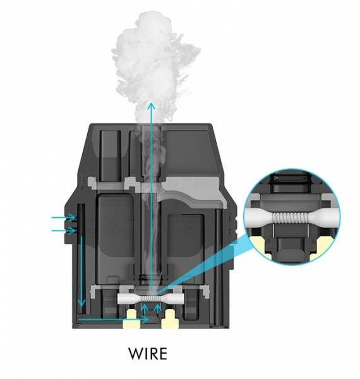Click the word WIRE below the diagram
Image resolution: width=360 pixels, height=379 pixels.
pyautogui.click(x=148, y=354)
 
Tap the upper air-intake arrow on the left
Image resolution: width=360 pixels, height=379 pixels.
pyautogui.click(x=64, y=217)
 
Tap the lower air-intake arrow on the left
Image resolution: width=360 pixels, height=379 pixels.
pyautogui.click(x=64, y=231)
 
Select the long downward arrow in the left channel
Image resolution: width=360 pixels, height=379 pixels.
pyautogui.click(x=81, y=272)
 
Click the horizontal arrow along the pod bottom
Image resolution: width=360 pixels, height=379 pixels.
pyautogui.click(x=113, y=320)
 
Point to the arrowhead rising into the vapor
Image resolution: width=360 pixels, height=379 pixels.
pyautogui.click(x=152, y=106)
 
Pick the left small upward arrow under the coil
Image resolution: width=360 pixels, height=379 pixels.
pyautogui.click(x=144, y=310)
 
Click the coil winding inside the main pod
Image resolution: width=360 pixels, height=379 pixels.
pyautogui.click(x=150, y=299)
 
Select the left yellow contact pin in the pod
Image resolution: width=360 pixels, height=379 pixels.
pyautogui.click(x=132, y=319)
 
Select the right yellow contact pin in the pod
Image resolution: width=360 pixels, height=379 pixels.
pyautogui.click(x=170, y=319)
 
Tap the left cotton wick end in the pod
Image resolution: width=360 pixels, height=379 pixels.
pyautogui.click(x=126, y=299)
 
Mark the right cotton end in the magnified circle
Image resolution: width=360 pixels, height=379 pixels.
pyautogui.click(x=326, y=216)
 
